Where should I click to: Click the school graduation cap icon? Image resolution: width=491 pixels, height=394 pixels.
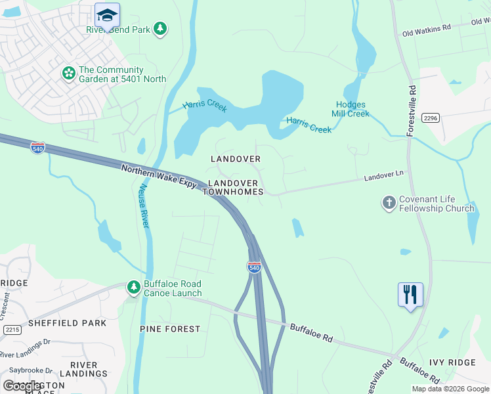(106, 14)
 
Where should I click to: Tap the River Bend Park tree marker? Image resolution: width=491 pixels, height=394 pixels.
(160, 29)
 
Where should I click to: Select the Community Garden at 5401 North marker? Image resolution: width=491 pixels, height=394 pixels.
(69, 74)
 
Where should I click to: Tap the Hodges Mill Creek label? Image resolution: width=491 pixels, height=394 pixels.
(352, 109)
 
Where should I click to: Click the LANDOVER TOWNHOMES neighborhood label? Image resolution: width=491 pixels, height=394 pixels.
(235, 187)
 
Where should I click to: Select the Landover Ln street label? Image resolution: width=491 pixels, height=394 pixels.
(383, 177)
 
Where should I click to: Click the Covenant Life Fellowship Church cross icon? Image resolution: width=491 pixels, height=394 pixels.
(389, 203)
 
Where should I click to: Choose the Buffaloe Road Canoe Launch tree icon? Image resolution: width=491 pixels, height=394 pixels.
(134, 288)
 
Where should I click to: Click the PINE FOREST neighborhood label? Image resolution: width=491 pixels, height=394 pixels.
(170, 328)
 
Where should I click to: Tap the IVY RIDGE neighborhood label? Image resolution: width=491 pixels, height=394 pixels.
(452, 362)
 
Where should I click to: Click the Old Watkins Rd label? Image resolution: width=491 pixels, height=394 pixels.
(427, 30)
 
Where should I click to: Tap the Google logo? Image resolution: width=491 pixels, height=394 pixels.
(23, 386)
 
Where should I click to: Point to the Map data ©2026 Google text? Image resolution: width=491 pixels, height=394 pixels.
(451, 389)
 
